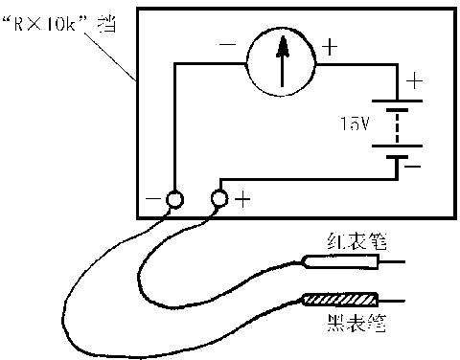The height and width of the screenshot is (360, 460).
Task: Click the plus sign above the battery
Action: (414, 80)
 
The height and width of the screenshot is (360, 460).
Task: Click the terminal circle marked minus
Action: (173, 200)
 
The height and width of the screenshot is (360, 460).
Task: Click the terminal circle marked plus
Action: (218, 199)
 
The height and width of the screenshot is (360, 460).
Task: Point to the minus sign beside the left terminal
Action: (151, 201)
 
